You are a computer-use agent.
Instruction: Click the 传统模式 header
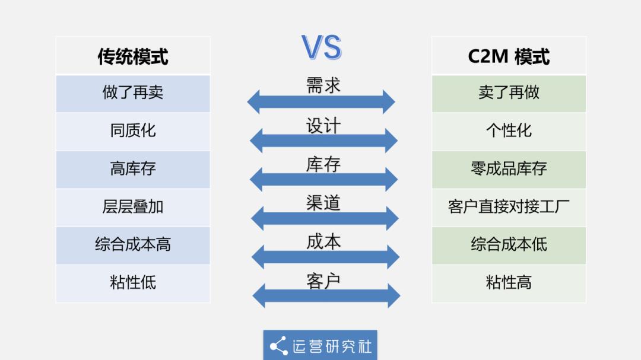pyautogui.click(x=133, y=56)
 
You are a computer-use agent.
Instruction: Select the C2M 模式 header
pyautogui.click(x=509, y=56)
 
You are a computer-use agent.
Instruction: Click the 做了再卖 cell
pyautogui.click(x=133, y=93)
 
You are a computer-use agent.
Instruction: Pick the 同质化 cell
pyautogui.click(x=133, y=131)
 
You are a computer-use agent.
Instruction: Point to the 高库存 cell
pyautogui.click(x=133, y=169)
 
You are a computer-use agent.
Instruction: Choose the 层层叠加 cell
pyautogui.click(x=133, y=207)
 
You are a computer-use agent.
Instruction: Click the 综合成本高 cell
pyautogui.click(x=133, y=245)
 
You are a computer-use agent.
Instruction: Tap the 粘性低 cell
pyautogui.click(x=133, y=283)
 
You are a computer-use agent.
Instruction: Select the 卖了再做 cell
pyautogui.click(x=509, y=93)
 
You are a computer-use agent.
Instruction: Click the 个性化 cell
pyautogui.click(x=509, y=131)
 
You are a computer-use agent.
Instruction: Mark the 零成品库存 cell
pyautogui.click(x=509, y=169)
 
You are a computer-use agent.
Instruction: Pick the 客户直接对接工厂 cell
pyautogui.click(x=509, y=207)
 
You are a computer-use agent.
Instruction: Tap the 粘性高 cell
pyautogui.click(x=509, y=283)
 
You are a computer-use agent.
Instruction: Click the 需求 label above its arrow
pyautogui.click(x=323, y=85)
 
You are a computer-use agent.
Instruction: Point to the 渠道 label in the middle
pyautogui.click(x=323, y=203)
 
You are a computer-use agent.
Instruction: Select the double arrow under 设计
pyautogui.click(x=323, y=141)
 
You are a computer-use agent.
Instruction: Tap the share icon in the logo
pyautogui.click(x=278, y=346)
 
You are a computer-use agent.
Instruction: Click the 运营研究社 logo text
pyautogui.click(x=332, y=346)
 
